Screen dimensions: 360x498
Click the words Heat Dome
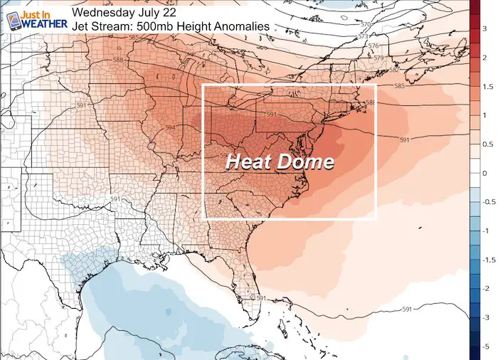click(x=280, y=162)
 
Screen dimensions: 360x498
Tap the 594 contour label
click(x=170, y=127)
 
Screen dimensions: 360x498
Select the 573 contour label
click(x=364, y=36)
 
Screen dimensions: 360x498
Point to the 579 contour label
click(x=379, y=58)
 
